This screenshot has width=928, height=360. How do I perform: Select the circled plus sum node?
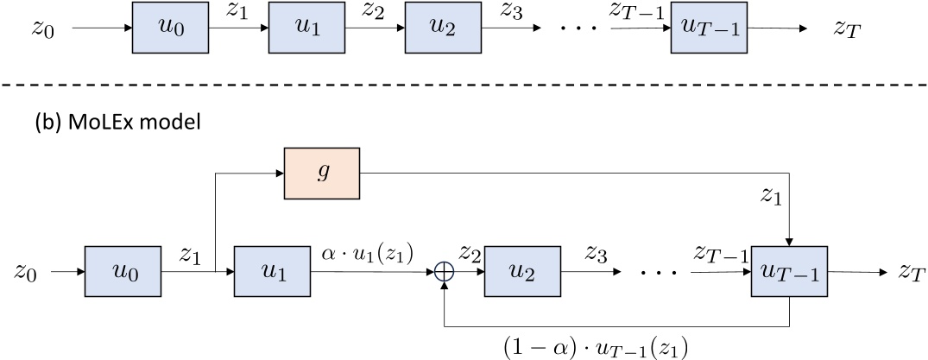click(x=444, y=273)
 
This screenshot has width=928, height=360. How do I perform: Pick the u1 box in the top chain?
click(x=306, y=29)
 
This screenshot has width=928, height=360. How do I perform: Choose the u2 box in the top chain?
click(x=443, y=29)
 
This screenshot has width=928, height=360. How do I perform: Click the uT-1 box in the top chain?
click(x=708, y=29)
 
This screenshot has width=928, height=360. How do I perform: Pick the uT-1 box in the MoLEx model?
click(x=789, y=273)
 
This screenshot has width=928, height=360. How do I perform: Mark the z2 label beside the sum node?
click(x=470, y=256)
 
